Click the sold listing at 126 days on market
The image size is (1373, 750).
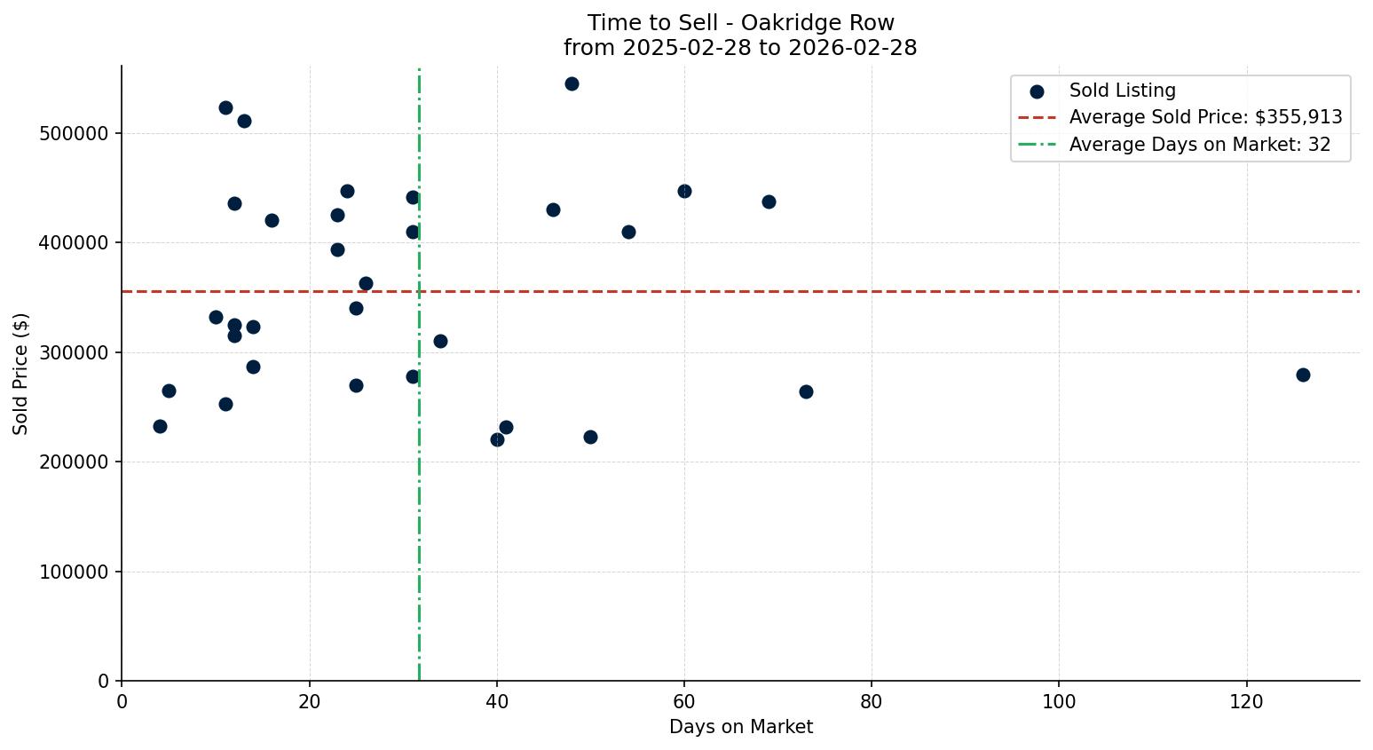coord(1303,375)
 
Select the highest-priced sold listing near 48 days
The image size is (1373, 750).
coord(572,83)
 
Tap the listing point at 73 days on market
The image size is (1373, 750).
coord(806,391)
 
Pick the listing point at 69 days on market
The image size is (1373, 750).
coord(769,201)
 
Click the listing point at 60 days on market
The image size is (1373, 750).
coord(684,191)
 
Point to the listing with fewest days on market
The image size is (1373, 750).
coord(160,426)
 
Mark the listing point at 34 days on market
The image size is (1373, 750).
coord(440,341)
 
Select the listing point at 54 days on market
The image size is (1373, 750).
coord(628,232)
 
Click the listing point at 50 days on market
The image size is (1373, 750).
coord(590,437)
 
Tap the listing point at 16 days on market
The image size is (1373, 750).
coord(272,220)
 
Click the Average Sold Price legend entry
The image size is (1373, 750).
coord(1205,117)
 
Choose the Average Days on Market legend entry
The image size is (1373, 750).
coord(1199,145)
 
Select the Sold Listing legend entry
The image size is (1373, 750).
coord(1122,91)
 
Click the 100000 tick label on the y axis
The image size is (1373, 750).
coord(75,572)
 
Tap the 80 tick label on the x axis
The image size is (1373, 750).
coord(872,701)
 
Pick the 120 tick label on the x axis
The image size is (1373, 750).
coord(1246,701)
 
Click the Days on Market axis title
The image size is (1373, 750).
coord(740,727)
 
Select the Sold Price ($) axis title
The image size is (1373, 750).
coord(21,373)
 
